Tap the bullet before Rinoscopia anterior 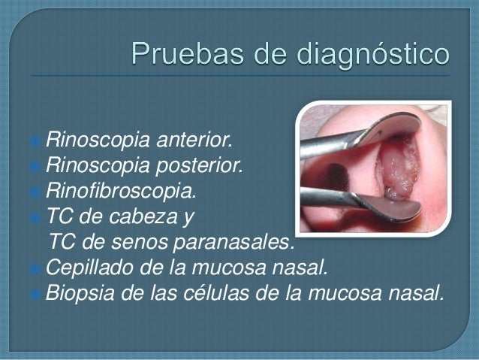coord(38,140)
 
